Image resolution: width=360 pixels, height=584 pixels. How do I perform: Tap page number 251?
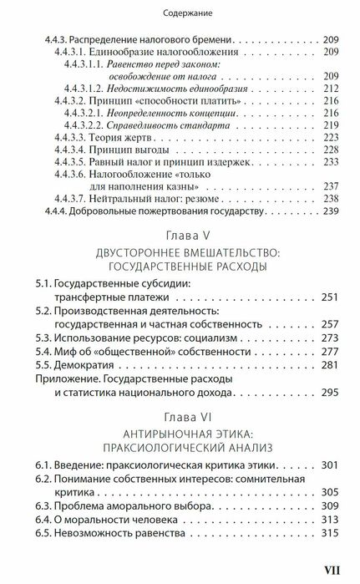331,299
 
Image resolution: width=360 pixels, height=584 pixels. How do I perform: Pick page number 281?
331,364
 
